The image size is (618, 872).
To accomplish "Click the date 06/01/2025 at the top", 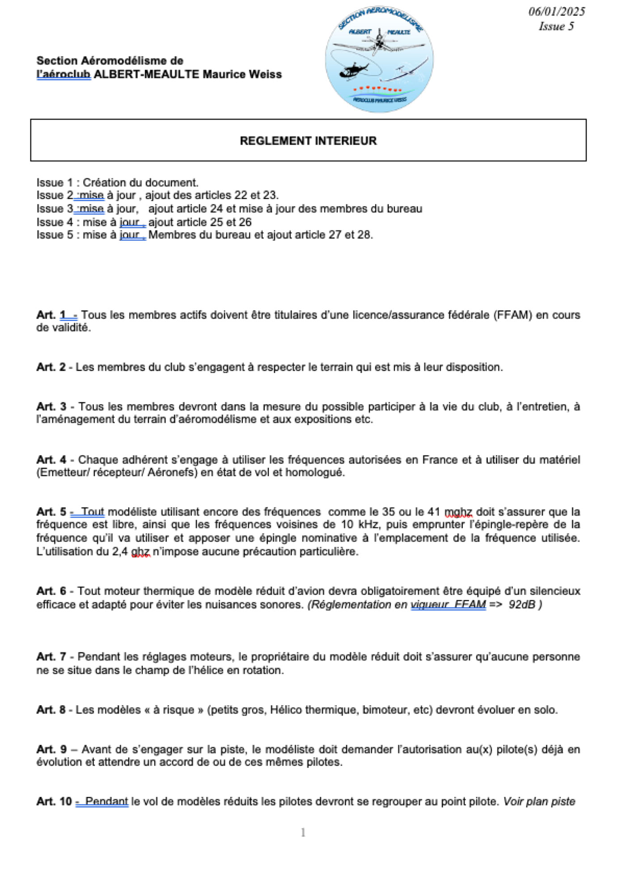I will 556,12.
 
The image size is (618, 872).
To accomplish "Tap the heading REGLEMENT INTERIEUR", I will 308,141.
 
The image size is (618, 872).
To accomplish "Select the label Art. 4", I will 51,460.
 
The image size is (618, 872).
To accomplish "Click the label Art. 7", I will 51,657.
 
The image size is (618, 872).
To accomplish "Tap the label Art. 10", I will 54,801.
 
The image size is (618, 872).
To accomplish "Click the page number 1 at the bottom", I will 303,833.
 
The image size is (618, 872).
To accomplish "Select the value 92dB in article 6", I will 522,605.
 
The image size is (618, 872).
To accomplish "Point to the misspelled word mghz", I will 458,512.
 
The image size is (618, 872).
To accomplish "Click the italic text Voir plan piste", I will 539,801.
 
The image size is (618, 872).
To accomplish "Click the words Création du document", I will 140,182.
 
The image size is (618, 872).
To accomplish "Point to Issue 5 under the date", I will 556,26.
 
